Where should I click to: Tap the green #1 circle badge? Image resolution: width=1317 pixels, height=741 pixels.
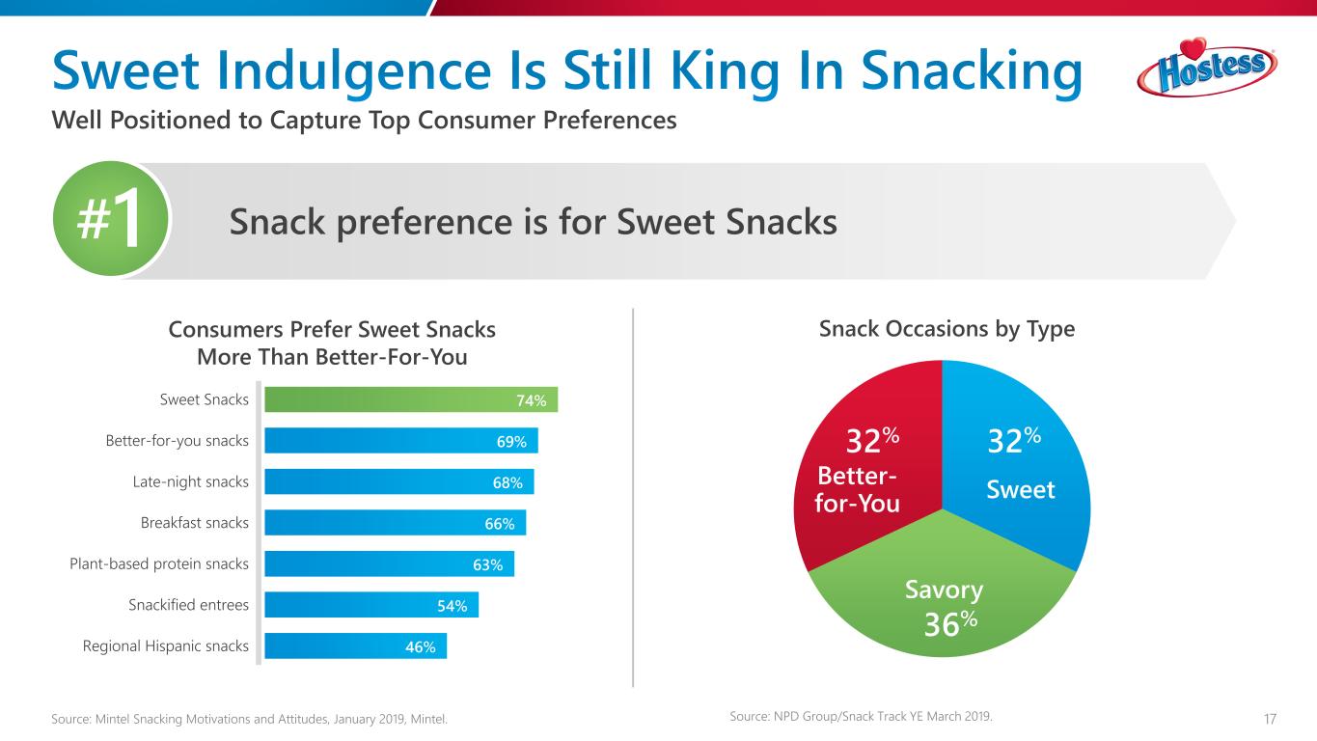pos(111,220)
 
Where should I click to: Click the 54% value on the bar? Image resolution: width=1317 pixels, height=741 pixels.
pos(452,605)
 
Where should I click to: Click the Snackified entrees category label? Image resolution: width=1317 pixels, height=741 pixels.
pos(188,605)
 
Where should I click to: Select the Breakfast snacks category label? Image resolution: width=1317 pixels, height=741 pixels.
pos(194,523)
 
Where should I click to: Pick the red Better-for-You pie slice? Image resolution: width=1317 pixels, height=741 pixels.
pos(868,453)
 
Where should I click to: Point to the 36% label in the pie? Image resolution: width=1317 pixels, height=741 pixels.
pos(950,624)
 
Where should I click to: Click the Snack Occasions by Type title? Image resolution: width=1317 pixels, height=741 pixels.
pos(947,329)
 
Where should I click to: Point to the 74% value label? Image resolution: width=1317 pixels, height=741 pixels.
pos(531,400)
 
